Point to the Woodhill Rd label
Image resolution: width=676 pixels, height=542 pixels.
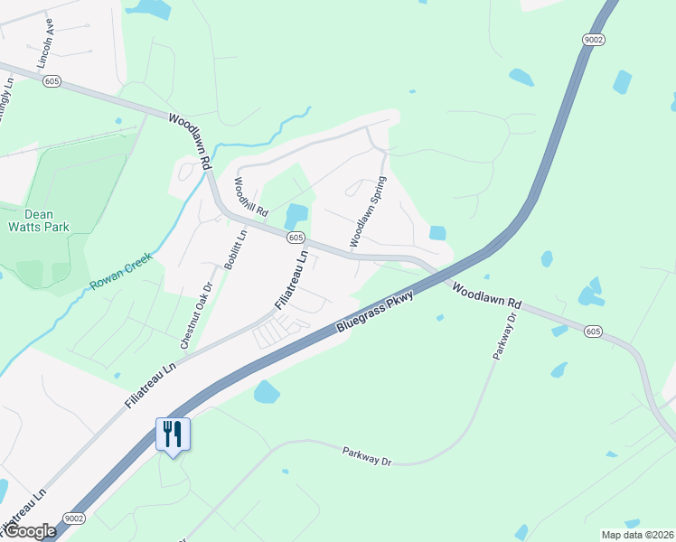pyautogui.click(x=251, y=196)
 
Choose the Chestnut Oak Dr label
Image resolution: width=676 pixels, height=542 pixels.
pyautogui.click(x=196, y=315)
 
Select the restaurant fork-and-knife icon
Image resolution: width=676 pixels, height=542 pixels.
pyautogui.click(x=172, y=434)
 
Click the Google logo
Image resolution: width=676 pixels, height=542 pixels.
pyautogui.click(x=29, y=532)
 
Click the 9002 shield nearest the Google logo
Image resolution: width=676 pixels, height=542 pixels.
pyautogui.click(x=73, y=519)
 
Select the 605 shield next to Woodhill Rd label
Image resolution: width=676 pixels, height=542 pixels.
pyautogui.click(x=295, y=237)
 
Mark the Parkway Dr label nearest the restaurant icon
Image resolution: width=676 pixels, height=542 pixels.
pyautogui.click(x=366, y=456)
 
